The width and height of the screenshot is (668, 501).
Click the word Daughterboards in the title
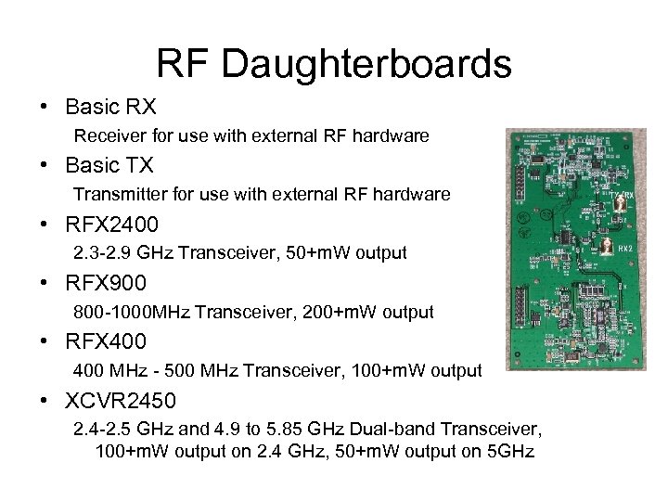click(366, 65)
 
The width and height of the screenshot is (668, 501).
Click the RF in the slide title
click(184, 65)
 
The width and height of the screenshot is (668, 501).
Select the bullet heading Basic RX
click(109, 109)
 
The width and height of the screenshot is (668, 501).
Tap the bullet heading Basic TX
click(109, 166)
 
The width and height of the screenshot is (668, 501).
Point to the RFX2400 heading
click(111, 225)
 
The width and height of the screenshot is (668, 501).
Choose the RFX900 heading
click(106, 283)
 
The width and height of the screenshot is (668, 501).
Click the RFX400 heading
click(106, 341)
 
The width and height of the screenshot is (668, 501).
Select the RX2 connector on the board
click(607, 247)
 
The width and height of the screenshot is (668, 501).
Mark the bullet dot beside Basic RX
click(45, 109)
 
